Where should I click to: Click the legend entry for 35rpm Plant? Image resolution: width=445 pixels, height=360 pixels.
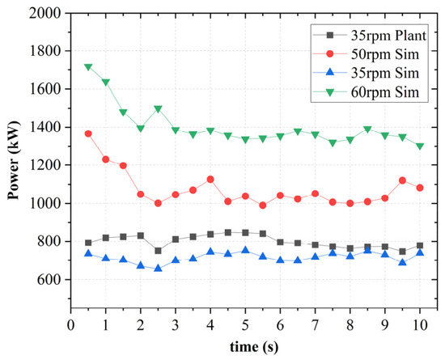tap(370, 35)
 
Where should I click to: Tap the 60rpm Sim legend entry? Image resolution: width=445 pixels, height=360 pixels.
tap(366, 92)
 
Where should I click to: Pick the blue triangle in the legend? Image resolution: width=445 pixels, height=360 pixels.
tap(330, 73)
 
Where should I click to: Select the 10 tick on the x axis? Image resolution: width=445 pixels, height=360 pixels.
tap(420, 325)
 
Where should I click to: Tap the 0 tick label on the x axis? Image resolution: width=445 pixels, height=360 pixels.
tap(71, 325)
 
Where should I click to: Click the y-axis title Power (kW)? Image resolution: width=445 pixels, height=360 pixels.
tap(13, 160)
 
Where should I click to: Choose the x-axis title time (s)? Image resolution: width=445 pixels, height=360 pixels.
tap(254, 347)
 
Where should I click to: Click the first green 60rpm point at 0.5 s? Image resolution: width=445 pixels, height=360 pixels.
tap(88, 67)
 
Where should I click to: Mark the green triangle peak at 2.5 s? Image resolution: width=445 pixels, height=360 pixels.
tap(158, 109)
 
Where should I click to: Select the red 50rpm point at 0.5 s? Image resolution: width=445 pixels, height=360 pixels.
tap(88, 133)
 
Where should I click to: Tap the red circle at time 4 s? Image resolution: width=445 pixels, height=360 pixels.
tap(210, 180)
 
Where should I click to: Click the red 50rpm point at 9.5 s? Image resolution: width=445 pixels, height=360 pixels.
tap(402, 180)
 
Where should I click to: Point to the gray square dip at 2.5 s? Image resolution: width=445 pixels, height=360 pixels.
tap(158, 251)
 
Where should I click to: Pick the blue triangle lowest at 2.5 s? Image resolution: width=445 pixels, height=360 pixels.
tap(158, 268)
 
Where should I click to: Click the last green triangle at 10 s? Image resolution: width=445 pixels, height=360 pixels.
tap(420, 146)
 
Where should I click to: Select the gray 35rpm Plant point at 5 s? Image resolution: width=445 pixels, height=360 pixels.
tap(245, 233)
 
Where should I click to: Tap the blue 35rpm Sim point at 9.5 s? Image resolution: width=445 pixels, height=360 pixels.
tap(402, 262)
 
